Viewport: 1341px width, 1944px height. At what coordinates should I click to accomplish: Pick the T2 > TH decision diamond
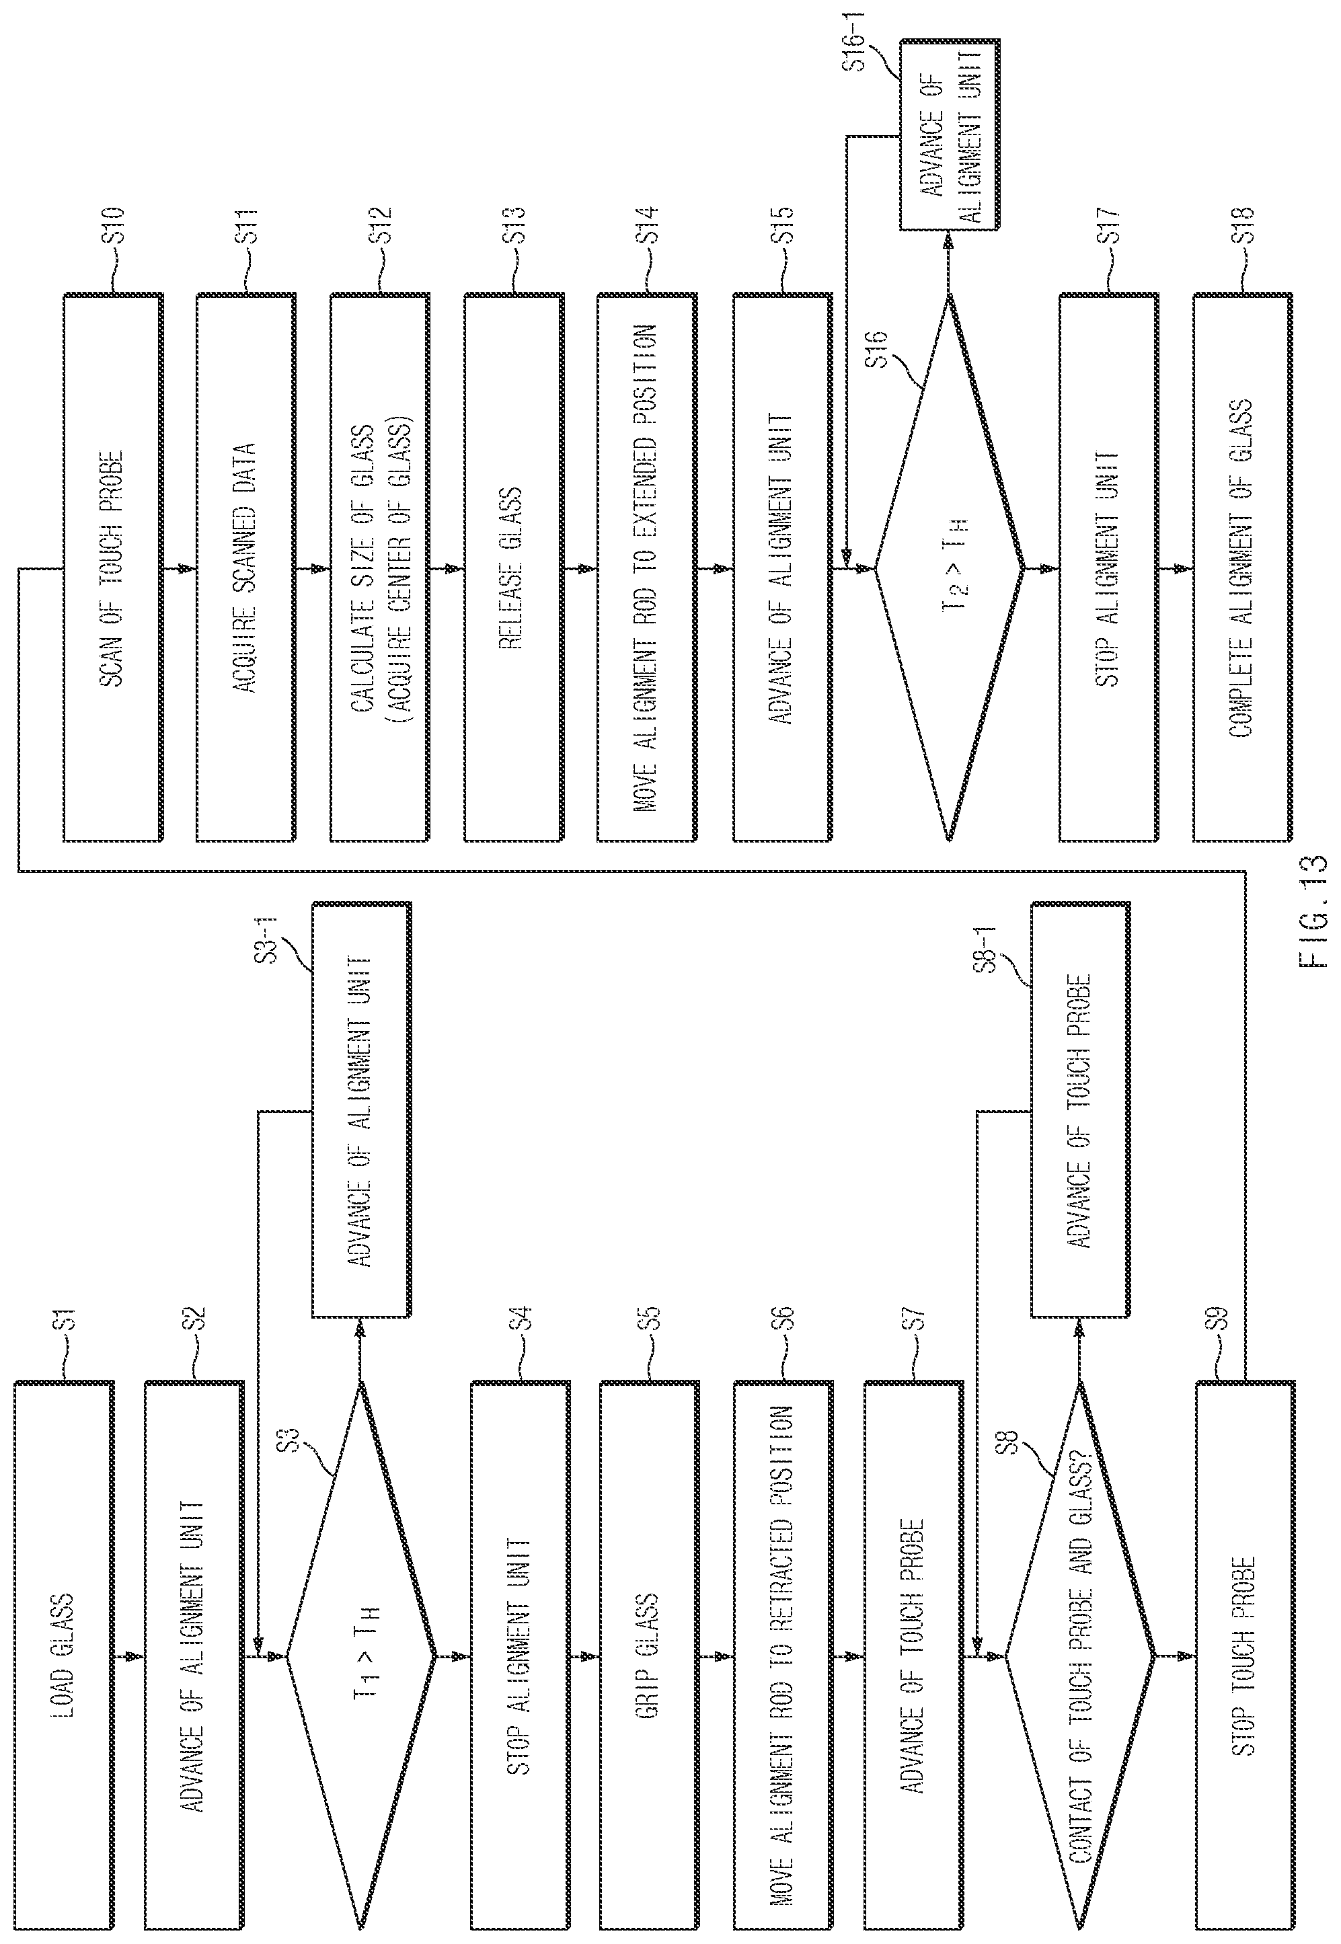[950, 568]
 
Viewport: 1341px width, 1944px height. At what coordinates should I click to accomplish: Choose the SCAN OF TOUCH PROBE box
[112, 568]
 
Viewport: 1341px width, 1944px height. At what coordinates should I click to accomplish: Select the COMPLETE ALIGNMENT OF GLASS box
[1243, 568]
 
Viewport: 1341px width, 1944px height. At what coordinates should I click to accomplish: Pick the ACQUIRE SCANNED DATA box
[246, 568]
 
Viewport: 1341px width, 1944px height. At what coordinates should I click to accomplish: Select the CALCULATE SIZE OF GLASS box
[380, 568]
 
